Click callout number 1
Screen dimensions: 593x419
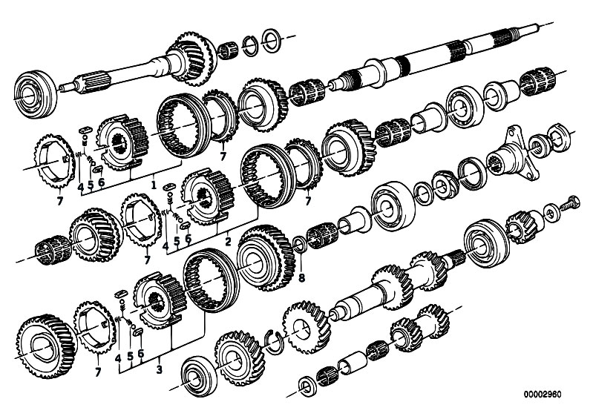[153, 185]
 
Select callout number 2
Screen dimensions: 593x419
[228, 241]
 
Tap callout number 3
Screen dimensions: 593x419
[159, 369]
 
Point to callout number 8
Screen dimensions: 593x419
[301, 278]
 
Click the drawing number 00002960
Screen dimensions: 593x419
[543, 395]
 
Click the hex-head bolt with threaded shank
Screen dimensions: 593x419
[569, 203]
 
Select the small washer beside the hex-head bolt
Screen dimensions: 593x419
[551, 212]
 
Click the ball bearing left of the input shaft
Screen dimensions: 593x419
[35, 94]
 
